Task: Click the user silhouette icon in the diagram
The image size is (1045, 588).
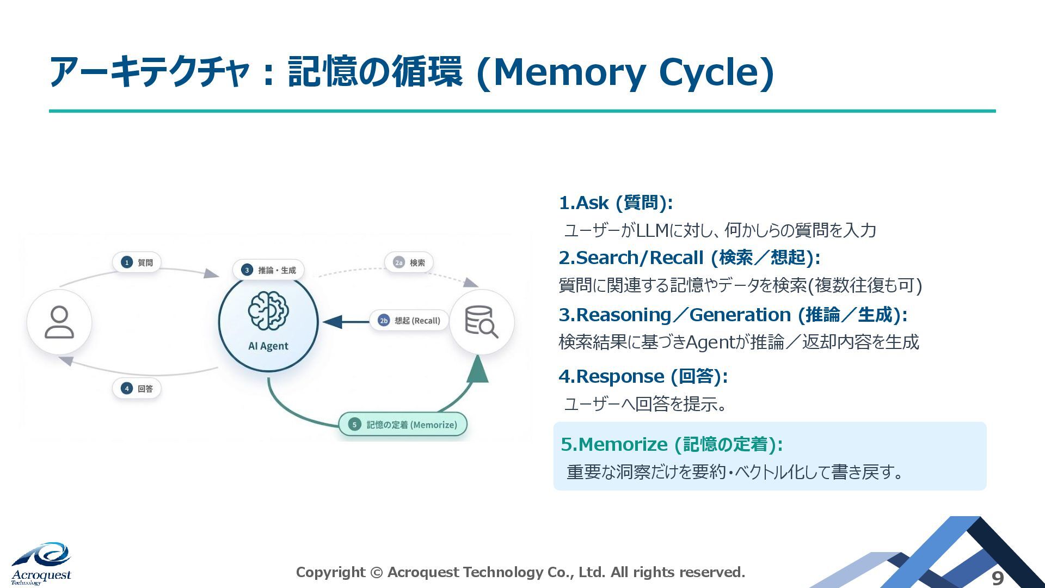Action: (x=59, y=322)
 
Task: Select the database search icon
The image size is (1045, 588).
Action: (x=481, y=322)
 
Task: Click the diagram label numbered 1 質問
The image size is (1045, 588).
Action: (x=137, y=262)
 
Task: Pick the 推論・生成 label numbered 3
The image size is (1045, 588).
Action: (x=269, y=270)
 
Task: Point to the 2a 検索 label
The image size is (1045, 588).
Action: (x=409, y=262)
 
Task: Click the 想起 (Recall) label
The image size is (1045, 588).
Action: (x=409, y=321)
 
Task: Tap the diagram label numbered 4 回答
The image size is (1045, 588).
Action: (x=137, y=389)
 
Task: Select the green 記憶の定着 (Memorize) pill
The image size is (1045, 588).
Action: (x=403, y=425)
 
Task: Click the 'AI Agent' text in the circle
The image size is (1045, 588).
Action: (x=268, y=346)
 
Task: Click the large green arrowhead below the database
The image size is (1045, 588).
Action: (x=477, y=370)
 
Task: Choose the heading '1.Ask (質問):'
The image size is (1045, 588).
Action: (x=616, y=203)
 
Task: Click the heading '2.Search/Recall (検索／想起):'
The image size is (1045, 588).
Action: (x=689, y=258)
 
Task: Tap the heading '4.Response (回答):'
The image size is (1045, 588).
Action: (x=643, y=376)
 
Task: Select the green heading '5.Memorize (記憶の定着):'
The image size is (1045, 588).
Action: (x=672, y=444)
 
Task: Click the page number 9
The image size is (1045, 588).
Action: (x=997, y=578)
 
